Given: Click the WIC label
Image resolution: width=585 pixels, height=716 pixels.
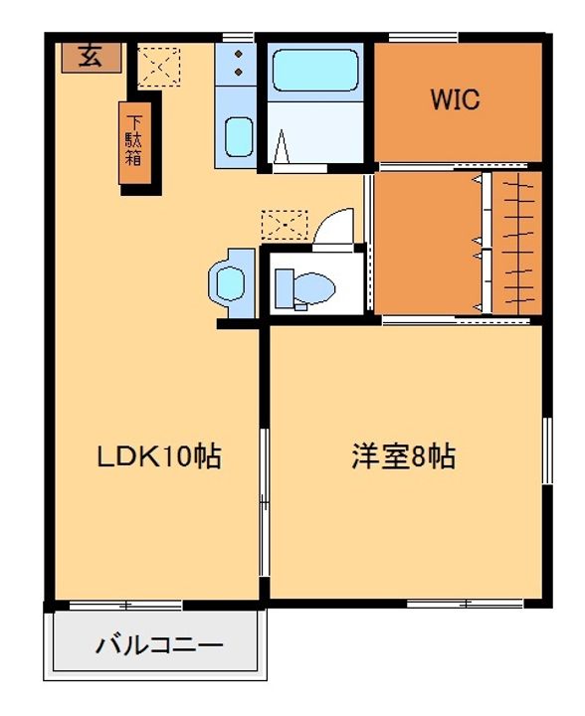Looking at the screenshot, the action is tap(455, 99).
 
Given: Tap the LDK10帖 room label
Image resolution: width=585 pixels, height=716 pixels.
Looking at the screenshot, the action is tap(159, 456).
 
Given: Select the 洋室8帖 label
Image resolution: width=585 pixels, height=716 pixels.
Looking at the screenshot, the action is tap(404, 456).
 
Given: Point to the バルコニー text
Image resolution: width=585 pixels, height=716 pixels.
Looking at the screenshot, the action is tap(159, 645).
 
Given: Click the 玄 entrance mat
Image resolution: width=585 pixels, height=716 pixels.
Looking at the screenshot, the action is tap(92, 58).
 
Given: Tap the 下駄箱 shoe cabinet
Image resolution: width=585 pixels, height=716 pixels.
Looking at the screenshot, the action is tap(134, 143).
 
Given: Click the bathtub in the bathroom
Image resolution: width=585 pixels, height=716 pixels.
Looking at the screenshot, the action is tap(315, 71).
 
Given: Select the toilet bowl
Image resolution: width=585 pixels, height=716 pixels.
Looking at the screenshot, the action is tap(314, 288).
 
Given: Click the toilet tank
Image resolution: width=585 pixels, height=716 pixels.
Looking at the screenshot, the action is tap(285, 287).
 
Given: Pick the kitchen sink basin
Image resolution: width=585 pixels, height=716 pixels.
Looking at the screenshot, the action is tap(239, 137).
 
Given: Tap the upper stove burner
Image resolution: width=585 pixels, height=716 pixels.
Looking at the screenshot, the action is tap(239, 55).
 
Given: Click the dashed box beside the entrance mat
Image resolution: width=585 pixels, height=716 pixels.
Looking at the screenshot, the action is tap(159, 68).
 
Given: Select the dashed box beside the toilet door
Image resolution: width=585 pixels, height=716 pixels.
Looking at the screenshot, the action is tap(285, 225).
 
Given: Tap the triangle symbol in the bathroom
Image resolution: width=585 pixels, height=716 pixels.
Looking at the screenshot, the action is tap(282, 146).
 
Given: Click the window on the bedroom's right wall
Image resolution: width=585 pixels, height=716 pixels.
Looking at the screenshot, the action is tap(547, 450).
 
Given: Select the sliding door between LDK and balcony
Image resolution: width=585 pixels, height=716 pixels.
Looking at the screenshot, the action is tap(125, 606).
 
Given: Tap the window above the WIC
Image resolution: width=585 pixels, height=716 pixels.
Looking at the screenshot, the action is tap(424, 37).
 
